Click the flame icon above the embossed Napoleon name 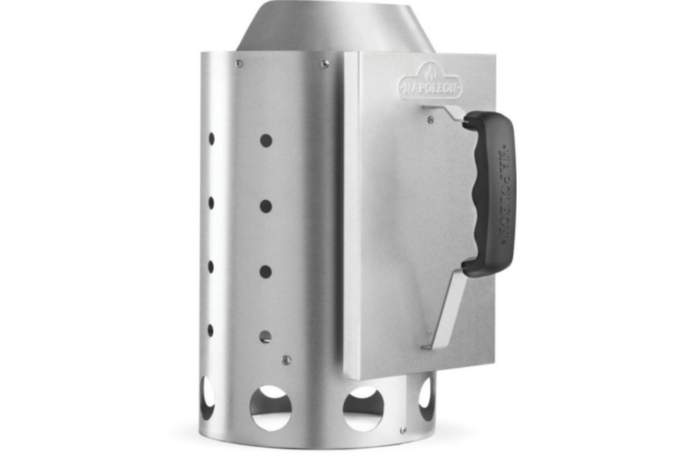pyautogui.click(x=430, y=73)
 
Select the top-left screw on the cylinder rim pyautogui.click(x=239, y=64)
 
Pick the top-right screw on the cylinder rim pyautogui.click(x=325, y=64)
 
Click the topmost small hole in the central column pyautogui.click(x=266, y=141)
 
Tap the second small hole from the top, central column pyautogui.click(x=266, y=206)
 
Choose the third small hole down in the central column pyautogui.click(x=266, y=272)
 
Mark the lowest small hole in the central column pyautogui.click(x=265, y=337)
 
